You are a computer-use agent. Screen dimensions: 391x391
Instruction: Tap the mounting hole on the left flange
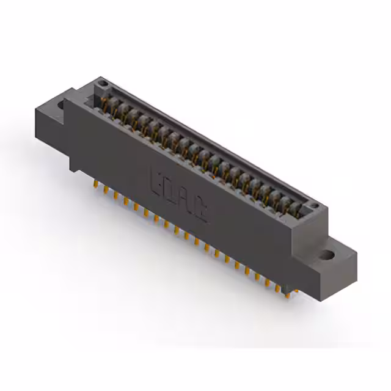tap(61, 105)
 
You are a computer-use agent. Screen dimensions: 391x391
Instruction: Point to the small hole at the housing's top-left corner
tap(104, 82)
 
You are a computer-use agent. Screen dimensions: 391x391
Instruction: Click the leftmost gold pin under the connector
tap(96, 184)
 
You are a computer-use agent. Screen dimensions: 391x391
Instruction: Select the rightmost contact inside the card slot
tap(295, 211)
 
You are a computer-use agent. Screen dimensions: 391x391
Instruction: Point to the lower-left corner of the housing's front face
tap(72, 169)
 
